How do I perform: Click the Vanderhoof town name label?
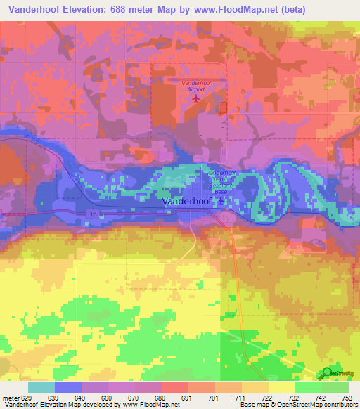click(188, 202)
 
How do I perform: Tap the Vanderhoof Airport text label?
click(197, 86)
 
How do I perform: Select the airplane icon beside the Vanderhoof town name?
click(222, 202)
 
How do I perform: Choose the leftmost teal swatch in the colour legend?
click(41, 387)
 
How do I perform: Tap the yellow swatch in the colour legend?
click(281, 387)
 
